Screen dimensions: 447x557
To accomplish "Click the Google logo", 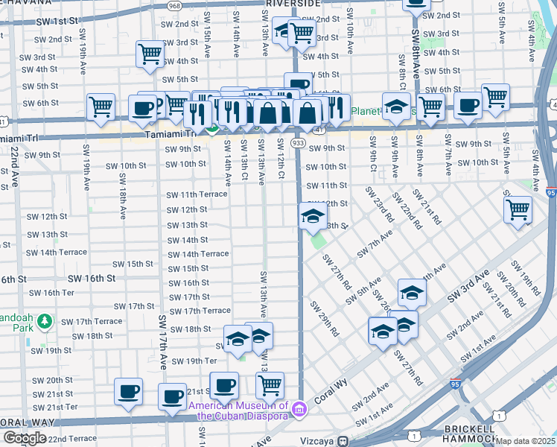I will click(24, 437).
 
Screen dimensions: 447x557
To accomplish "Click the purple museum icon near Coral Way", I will click(299, 408).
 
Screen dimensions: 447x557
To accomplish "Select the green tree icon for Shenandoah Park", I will click(45, 320).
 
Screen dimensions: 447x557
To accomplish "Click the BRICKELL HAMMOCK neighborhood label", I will click(468, 434).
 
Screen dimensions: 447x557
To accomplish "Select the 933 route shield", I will click(298, 142).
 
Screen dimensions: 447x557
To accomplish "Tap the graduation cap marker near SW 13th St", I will click(313, 217).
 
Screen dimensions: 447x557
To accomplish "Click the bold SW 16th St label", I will click(89, 278).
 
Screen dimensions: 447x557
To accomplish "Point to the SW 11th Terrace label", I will click(197, 194).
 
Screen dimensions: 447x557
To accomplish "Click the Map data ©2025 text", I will click(525, 441).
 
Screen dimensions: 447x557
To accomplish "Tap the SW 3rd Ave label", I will click(468, 285).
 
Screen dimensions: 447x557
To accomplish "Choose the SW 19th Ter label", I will click(194, 361).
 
